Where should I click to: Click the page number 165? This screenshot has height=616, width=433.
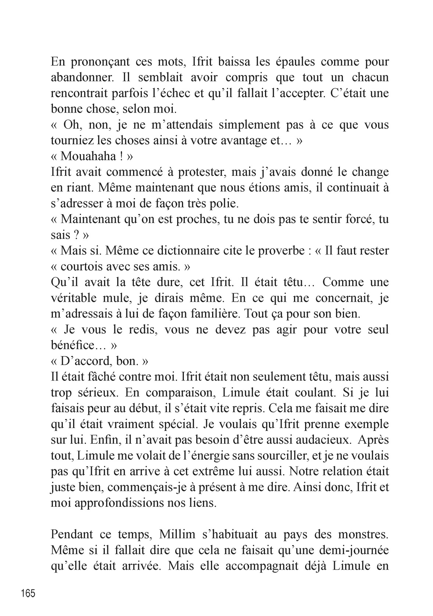pos(28,593)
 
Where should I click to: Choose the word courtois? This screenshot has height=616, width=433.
pos(86,266)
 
